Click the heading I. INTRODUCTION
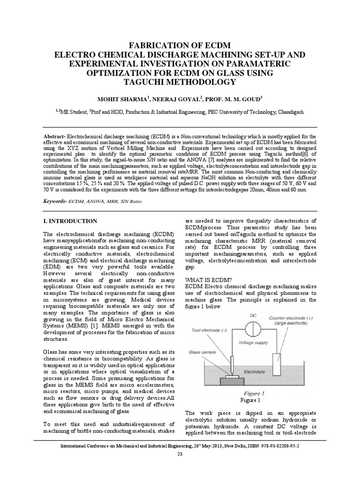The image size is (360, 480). [x=70, y=221]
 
